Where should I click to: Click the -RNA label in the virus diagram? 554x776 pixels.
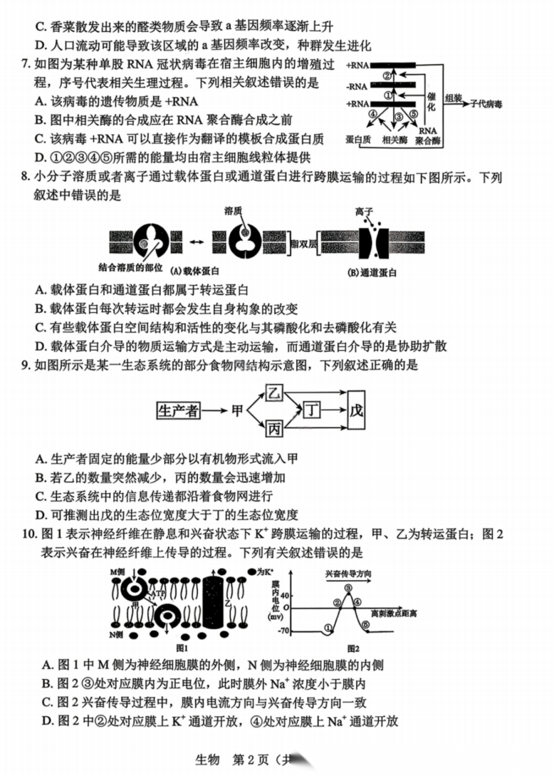point(357,85)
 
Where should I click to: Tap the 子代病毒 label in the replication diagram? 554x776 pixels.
point(486,103)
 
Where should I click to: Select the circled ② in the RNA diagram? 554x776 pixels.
point(387,76)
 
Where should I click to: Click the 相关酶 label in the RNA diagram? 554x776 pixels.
point(396,139)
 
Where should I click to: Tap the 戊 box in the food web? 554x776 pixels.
point(357,411)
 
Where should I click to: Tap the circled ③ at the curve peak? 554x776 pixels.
point(348,588)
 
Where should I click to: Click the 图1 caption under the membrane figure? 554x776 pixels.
point(181,648)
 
